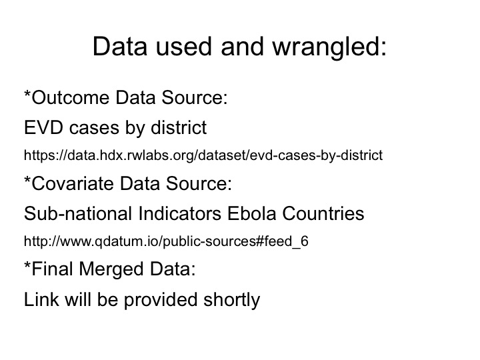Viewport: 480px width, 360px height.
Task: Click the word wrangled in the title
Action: pyautogui.click(x=329, y=47)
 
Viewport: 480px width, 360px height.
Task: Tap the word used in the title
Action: pyautogui.click(x=184, y=47)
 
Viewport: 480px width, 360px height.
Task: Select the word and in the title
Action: pyautogui.click(x=242, y=47)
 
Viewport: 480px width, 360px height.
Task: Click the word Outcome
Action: pyautogui.click(x=71, y=97)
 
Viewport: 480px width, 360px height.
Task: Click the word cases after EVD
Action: pyautogui.click(x=94, y=128)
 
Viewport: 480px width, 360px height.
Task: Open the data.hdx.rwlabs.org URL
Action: pyautogui.click(x=203, y=155)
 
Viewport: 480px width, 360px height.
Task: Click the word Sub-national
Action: pyautogui.click(x=78, y=213)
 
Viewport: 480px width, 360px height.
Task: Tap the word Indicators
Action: pyautogui.click(x=179, y=213)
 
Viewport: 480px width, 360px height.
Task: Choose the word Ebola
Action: pyautogui.click(x=251, y=213)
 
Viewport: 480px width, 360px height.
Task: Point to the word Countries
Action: pyautogui.click(x=323, y=213)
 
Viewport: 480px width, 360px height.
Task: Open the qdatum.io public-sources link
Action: pyautogui.click(x=166, y=241)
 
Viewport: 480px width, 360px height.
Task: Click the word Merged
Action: pyautogui.click(x=111, y=270)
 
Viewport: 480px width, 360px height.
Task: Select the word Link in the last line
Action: pyautogui.click(x=41, y=299)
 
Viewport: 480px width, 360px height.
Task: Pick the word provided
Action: pyautogui.click(x=161, y=300)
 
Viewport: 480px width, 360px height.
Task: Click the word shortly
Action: pyautogui.click(x=232, y=300)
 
